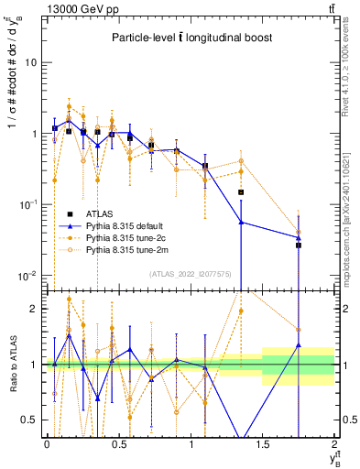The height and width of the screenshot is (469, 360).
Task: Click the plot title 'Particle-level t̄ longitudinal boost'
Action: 191,38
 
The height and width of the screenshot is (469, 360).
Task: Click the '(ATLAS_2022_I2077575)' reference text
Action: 190,273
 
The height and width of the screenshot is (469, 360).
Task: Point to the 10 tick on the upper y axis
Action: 33,63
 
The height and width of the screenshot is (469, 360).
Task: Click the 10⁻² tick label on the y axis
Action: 29,276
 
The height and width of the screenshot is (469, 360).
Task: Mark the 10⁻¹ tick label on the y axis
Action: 29,205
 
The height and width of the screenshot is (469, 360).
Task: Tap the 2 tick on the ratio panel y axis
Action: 36,309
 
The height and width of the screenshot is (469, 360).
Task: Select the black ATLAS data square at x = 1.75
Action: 299,245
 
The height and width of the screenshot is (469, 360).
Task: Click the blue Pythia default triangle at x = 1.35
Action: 241,222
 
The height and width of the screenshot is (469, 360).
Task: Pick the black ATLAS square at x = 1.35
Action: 241,192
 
